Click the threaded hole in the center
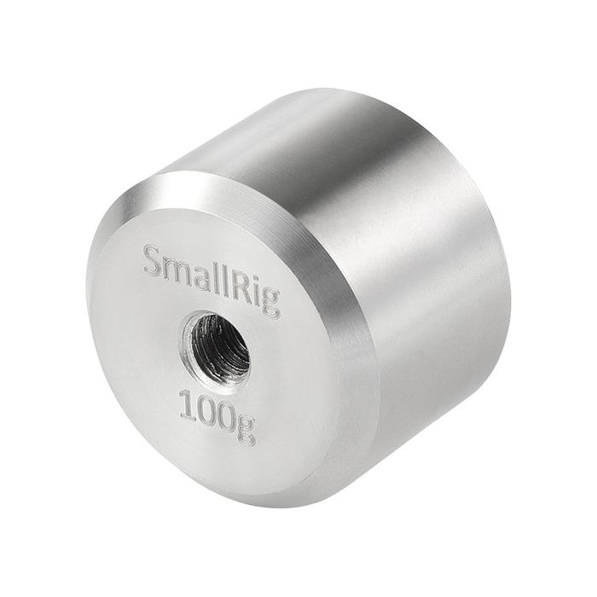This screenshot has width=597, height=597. [x=215, y=345]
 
